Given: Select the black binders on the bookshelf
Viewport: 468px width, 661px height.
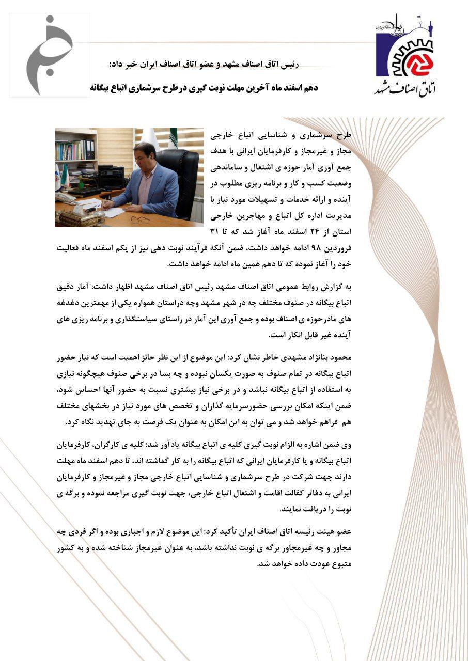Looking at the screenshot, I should coord(90,149).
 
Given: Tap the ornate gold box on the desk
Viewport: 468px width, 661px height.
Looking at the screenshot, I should coord(79,217).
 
